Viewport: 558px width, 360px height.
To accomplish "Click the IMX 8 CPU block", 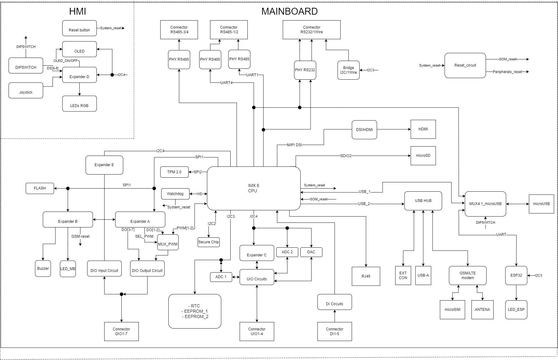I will pyautogui.click(x=253, y=188).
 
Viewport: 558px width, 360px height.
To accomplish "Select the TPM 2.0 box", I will pyautogui.click(x=174, y=172).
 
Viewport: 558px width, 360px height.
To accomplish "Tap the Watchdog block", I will pyautogui.click(x=175, y=194).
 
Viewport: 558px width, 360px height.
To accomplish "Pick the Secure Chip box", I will pyautogui.click(x=209, y=242).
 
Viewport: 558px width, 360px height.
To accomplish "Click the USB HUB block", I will pyautogui.click(x=423, y=201).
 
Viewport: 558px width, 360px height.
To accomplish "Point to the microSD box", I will pyautogui.click(x=423, y=156).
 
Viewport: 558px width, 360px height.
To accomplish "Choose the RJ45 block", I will pyautogui.click(x=366, y=276).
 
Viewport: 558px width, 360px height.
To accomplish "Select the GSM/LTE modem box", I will pyautogui.click(x=467, y=275).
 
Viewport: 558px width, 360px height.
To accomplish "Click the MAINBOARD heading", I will pyautogui.click(x=289, y=11).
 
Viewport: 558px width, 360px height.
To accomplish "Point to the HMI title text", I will pyautogui.click(x=77, y=12).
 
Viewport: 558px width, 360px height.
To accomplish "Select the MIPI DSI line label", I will pyautogui.click(x=294, y=145).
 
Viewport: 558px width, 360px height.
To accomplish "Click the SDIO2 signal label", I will pyautogui.click(x=346, y=156).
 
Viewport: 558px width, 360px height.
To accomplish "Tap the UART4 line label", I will pyautogui.click(x=226, y=83).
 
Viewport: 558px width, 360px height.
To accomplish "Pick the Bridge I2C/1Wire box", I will pyautogui.click(x=348, y=70).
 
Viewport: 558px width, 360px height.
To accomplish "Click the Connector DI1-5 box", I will pyautogui.click(x=335, y=331).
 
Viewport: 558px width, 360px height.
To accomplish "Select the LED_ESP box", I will pyautogui.click(x=516, y=310).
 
